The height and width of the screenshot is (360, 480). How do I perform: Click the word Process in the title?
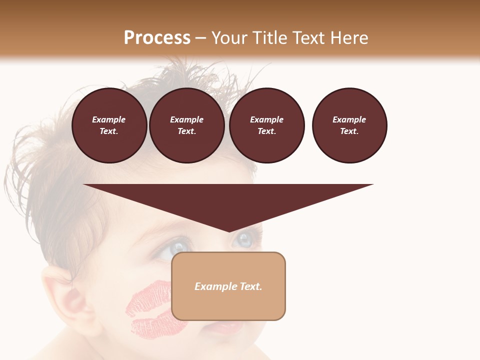tap(157, 38)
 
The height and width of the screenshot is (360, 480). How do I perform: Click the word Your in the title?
tap(229, 38)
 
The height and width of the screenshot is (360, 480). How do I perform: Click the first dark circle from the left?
tap(109, 125)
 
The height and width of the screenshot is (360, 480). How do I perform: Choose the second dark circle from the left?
tap(187, 125)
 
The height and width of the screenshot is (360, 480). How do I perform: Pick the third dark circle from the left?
tap(267, 125)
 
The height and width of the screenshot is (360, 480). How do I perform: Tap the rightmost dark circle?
tap(349, 125)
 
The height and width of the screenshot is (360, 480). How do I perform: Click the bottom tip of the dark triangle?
tap(229, 230)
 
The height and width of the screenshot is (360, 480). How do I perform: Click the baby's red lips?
tap(230, 327)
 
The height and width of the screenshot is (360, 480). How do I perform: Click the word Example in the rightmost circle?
tap(349, 119)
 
